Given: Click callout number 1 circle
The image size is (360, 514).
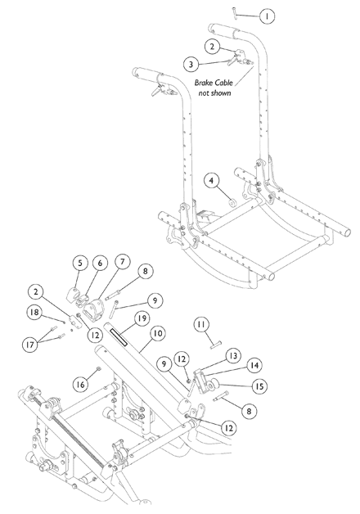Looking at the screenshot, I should click(x=266, y=16).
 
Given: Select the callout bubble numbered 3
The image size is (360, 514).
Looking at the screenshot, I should click(x=190, y=63).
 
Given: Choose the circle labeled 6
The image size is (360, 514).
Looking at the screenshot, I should click(x=99, y=264).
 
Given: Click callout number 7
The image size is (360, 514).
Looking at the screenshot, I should click(x=122, y=263).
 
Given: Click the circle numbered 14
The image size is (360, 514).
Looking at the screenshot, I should click(x=255, y=365).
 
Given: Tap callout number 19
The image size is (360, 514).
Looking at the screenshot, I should click(x=140, y=318).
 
